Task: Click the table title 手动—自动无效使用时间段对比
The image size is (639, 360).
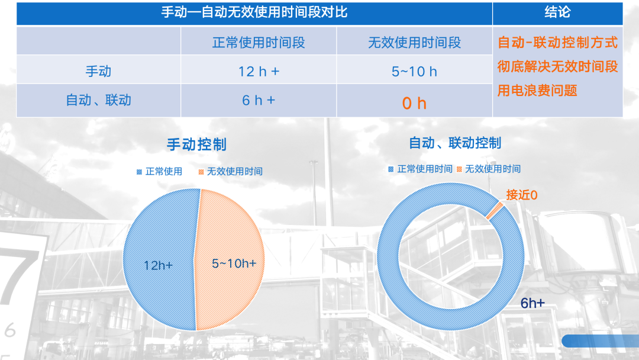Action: point(254,12)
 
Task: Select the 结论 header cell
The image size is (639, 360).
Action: point(557,12)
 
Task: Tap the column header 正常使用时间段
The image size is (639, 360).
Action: point(259,43)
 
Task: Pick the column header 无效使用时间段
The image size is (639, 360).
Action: point(414,43)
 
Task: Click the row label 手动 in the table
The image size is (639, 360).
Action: point(98,72)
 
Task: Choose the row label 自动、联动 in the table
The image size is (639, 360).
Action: point(98,100)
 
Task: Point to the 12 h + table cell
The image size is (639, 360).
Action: point(259,72)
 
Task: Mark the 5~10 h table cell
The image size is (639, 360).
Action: point(414,72)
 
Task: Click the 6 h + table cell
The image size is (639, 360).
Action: point(259,100)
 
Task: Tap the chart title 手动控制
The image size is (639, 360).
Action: point(196,144)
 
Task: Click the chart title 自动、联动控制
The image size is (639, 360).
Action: point(455,143)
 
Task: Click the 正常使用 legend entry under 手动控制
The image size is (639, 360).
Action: point(160,172)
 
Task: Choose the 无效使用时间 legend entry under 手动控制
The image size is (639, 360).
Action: point(230,172)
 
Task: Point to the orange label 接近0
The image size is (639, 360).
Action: point(522,195)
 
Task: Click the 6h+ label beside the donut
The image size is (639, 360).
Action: point(532,303)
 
